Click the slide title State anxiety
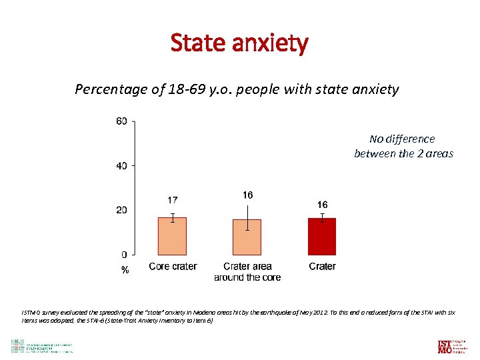tap(239, 43)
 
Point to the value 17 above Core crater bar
tap(172, 200)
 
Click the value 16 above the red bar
tap(322, 205)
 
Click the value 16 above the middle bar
tap(247, 195)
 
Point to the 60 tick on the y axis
tap(121, 121)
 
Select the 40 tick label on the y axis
tap(121, 165)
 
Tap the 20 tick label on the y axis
tap(121, 210)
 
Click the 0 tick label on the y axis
tap(125, 254)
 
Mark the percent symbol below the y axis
tap(125, 270)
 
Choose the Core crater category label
tap(173, 267)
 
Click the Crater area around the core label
tap(247, 271)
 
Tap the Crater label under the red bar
tap(322, 267)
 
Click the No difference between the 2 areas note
tap(403, 146)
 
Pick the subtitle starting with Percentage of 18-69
tap(237, 89)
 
